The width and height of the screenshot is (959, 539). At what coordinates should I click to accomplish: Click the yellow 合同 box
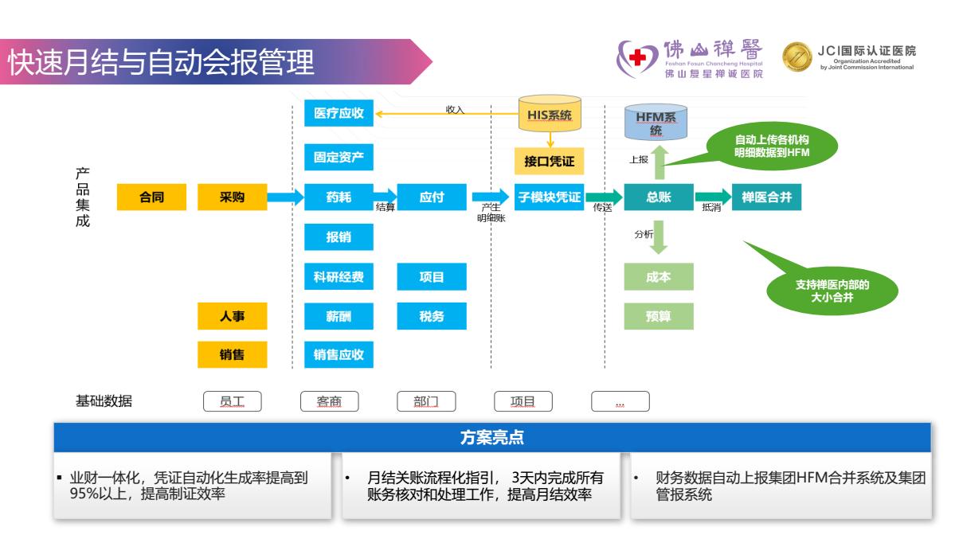pos(151,197)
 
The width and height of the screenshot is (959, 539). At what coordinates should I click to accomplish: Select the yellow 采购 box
pos(232,197)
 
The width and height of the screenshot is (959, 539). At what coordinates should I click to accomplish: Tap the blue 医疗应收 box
pos(339,114)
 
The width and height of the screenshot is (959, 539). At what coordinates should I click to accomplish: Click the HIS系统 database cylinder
pos(550,114)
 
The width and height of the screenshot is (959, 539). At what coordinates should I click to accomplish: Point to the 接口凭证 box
pos(550,161)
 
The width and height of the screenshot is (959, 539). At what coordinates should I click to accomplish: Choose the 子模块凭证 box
pos(550,197)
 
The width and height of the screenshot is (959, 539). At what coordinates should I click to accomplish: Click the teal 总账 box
pos(659,197)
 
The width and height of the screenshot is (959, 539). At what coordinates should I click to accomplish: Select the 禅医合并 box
pos(766,197)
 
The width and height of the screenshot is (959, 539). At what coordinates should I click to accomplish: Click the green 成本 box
pos(659,277)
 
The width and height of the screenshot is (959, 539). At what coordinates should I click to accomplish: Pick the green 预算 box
pos(659,316)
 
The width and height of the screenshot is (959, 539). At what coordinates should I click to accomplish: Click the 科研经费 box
pos(339,277)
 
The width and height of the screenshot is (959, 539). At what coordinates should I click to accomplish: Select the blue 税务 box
pos(432,316)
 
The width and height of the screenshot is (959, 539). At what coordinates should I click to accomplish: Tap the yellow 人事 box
pos(232,316)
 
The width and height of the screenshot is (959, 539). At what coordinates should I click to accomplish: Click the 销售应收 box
pos(339,354)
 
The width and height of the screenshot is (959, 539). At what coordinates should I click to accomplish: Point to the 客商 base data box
pos(329,401)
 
